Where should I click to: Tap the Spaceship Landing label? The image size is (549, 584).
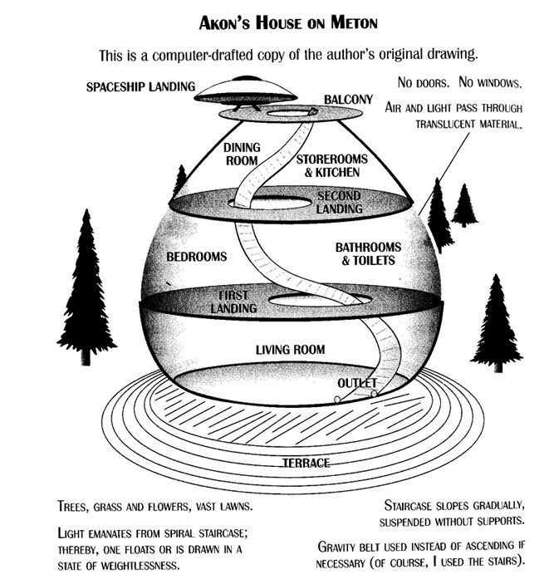(x=141, y=86)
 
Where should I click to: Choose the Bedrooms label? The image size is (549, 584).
(x=197, y=257)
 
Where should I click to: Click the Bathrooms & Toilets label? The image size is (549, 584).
(x=368, y=253)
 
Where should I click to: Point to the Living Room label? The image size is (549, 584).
(x=290, y=351)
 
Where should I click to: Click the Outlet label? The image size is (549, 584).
(x=358, y=382)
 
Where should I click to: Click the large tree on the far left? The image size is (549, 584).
(x=86, y=282)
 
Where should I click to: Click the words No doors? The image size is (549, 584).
(x=420, y=84)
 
